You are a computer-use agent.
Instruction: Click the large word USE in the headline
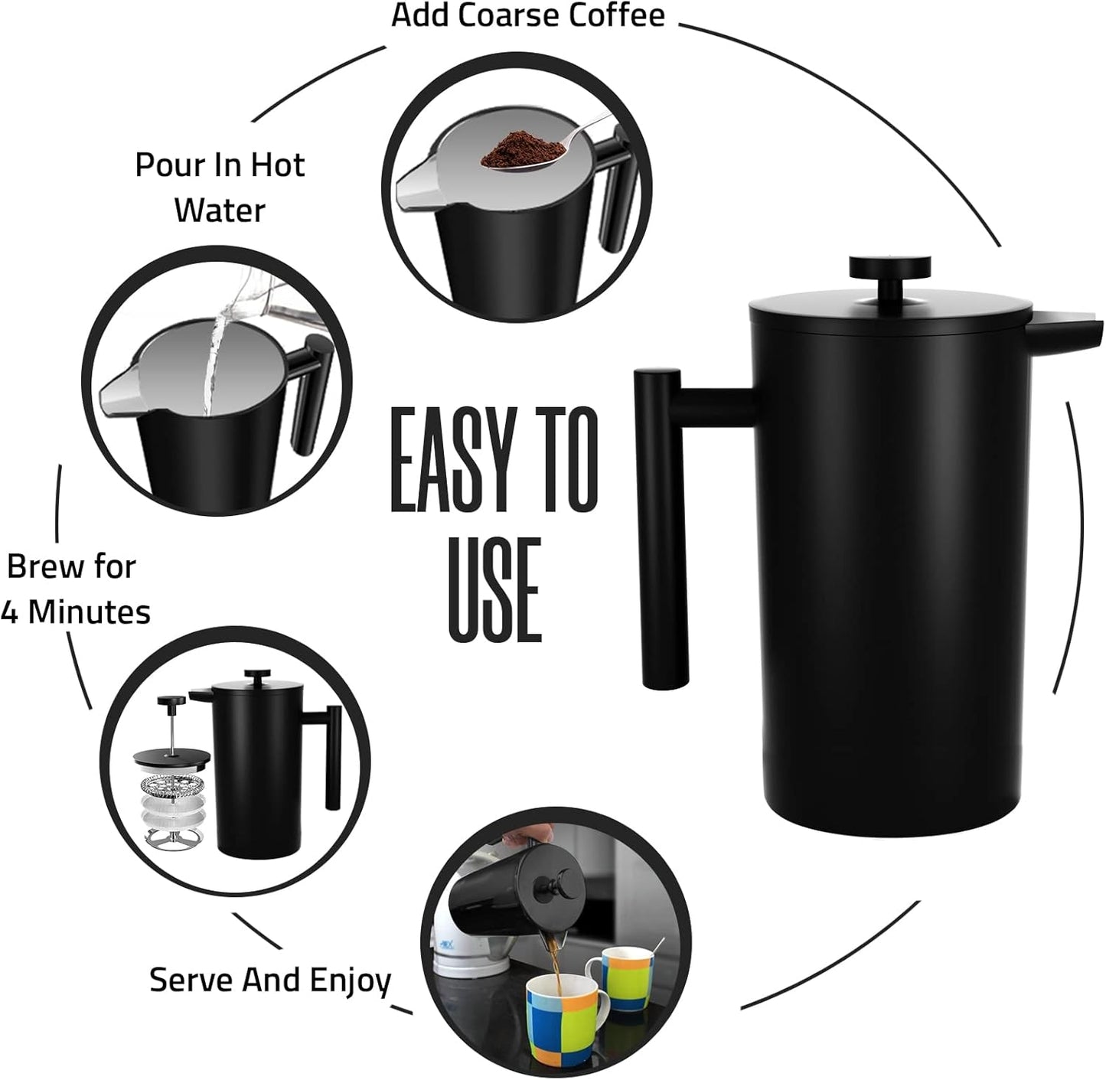494,589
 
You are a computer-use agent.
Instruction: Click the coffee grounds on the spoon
511,151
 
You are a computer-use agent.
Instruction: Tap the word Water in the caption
219,210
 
